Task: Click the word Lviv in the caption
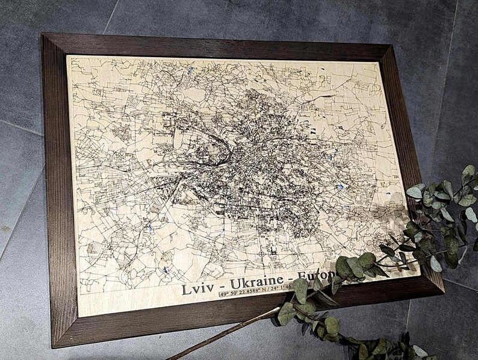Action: coord(197,288)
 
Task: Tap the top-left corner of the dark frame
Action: coord(43,34)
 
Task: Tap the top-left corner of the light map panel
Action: coord(67,57)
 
